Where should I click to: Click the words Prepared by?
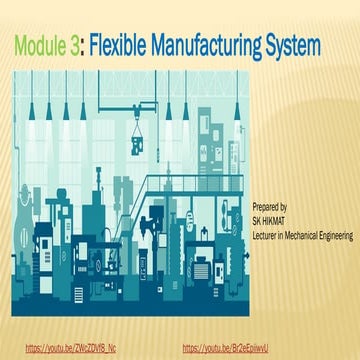tap(270, 203)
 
